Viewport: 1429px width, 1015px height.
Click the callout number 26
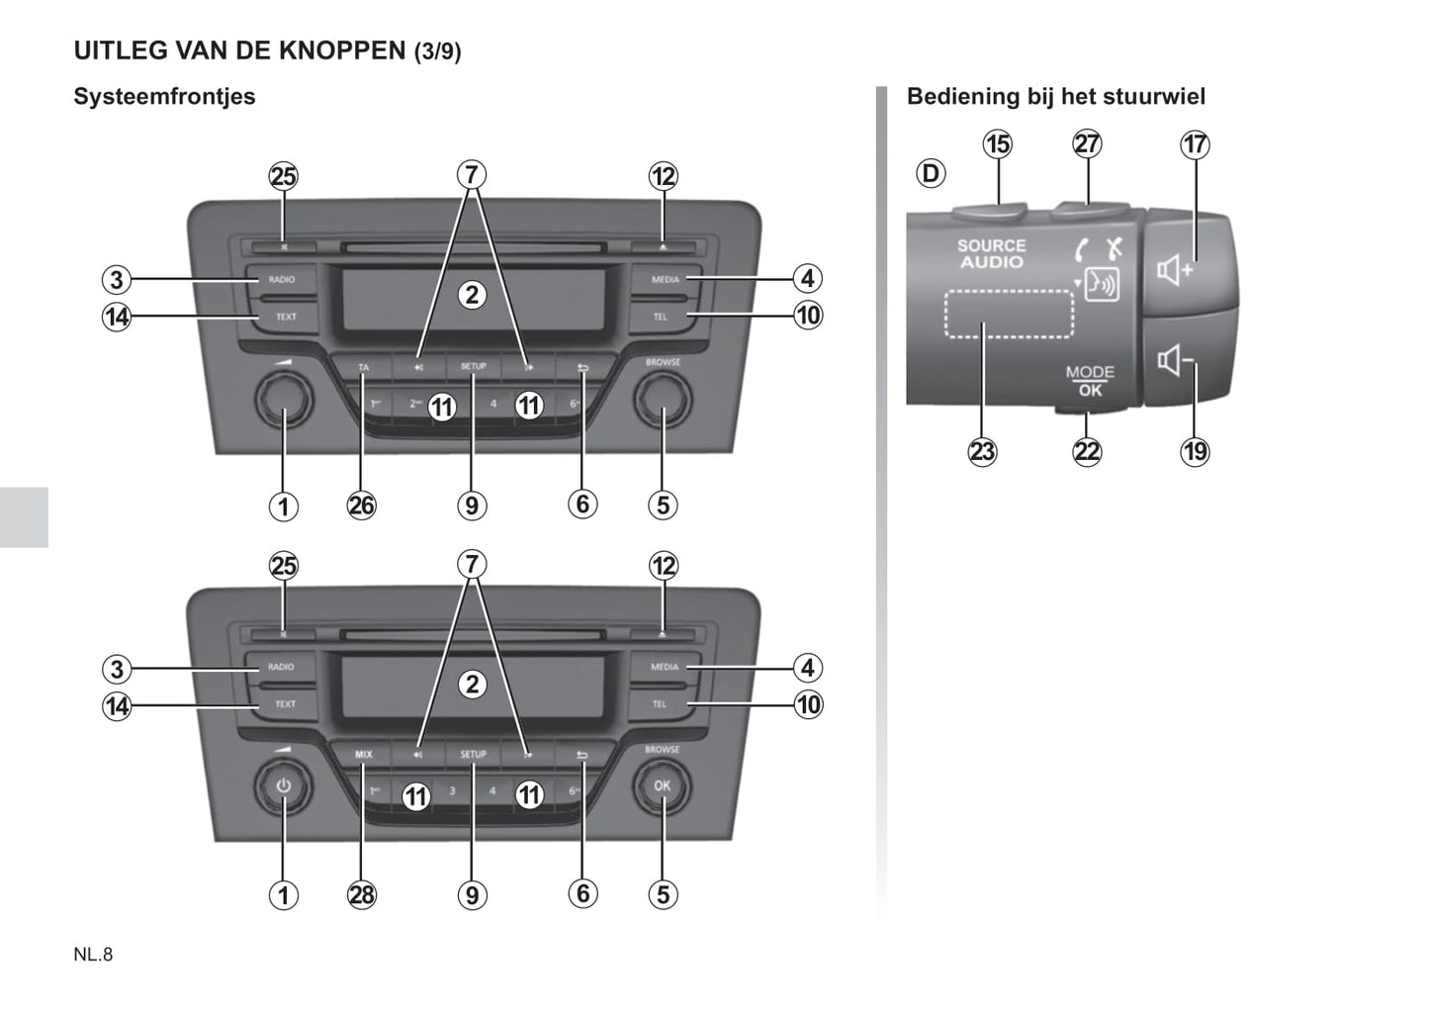(x=362, y=506)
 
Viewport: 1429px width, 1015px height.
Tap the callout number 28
(x=362, y=895)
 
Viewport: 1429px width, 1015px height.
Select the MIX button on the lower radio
(x=364, y=754)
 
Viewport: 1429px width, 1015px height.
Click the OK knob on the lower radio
(x=662, y=786)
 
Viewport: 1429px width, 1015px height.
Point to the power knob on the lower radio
(x=284, y=786)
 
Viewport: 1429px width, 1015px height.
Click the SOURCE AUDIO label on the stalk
(x=991, y=254)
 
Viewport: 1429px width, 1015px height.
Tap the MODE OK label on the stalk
(x=1090, y=381)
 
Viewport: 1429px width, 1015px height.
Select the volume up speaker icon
(x=1175, y=269)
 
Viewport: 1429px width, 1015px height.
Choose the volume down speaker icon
(x=1175, y=360)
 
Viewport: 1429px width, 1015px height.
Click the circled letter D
(x=931, y=174)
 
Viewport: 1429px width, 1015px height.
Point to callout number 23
(x=982, y=452)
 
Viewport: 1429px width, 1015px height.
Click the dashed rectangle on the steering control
(x=1009, y=314)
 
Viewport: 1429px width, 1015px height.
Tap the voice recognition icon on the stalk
(x=1101, y=285)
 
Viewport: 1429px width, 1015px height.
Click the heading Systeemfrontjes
(x=164, y=97)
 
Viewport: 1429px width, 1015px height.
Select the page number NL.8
(x=93, y=955)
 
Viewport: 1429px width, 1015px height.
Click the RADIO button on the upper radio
(x=282, y=279)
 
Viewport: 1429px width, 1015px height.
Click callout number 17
(x=1195, y=144)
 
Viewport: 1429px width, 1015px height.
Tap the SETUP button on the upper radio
(x=473, y=366)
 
